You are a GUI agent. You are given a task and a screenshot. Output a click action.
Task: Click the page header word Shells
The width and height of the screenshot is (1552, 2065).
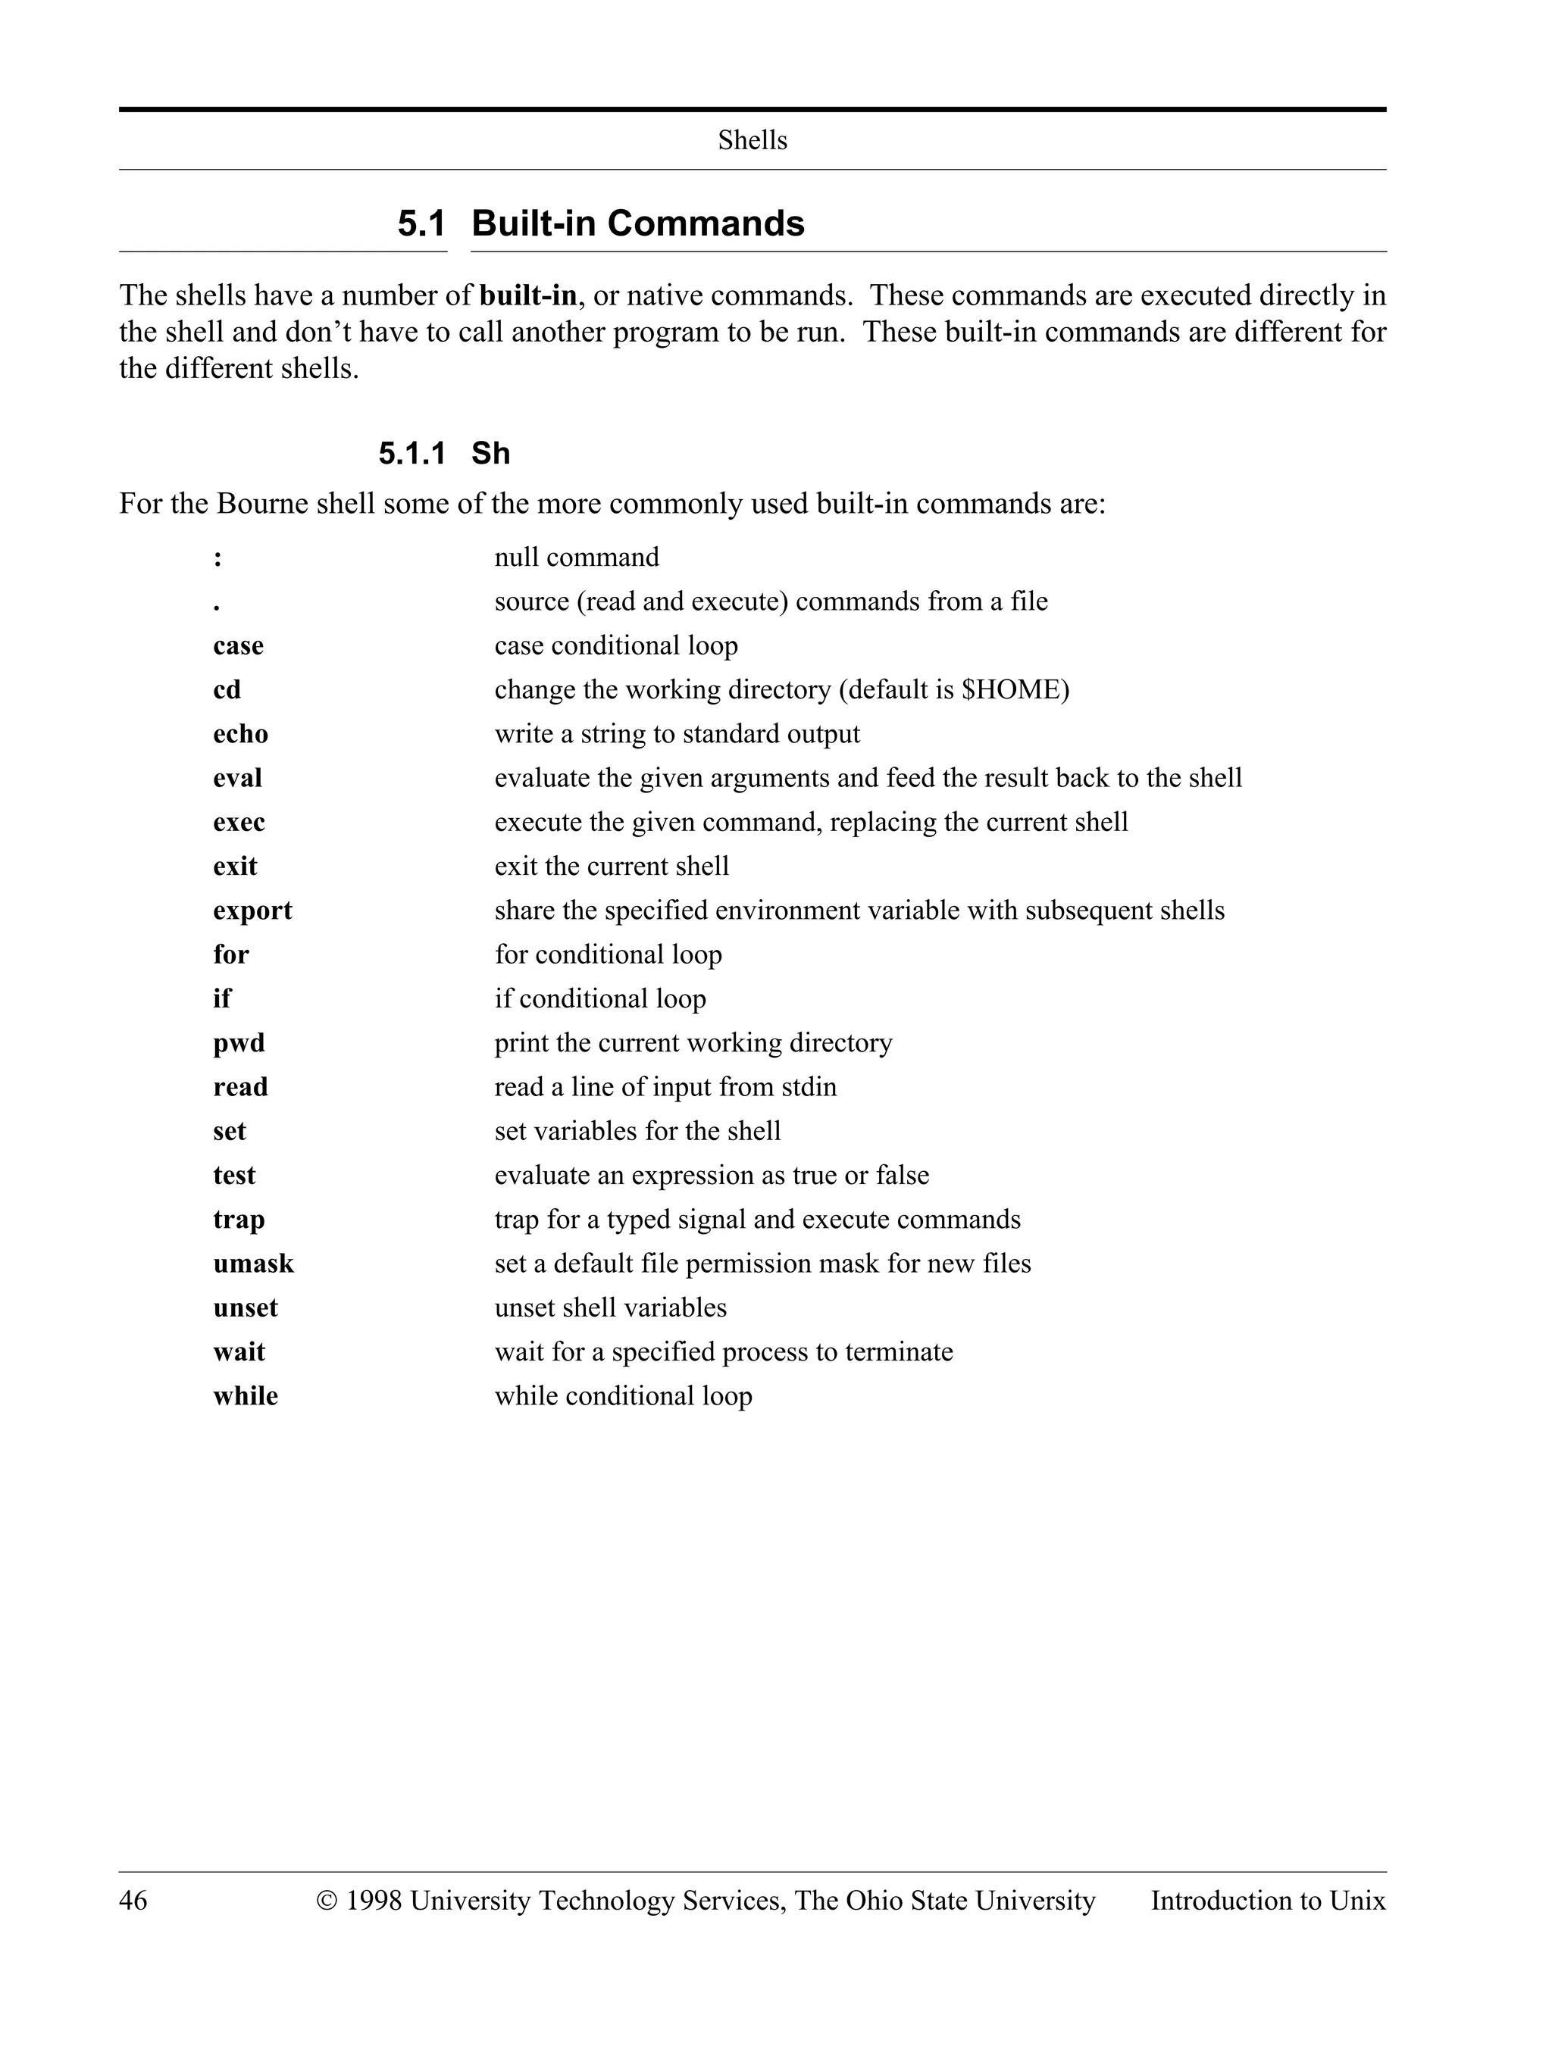(752, 140)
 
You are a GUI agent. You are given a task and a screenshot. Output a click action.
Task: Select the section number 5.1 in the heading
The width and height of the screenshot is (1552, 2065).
(421, 224)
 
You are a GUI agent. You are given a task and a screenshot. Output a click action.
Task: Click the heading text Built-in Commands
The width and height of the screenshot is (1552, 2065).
(638, 224)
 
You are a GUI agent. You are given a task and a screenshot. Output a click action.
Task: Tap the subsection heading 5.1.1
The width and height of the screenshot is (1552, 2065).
(411, 454)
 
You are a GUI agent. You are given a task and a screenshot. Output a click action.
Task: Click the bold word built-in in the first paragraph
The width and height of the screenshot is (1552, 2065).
(527, 296)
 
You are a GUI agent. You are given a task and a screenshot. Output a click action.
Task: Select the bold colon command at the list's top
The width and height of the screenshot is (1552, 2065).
(217, 558)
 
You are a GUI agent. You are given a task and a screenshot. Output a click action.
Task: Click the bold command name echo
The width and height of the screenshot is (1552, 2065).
(240, 734)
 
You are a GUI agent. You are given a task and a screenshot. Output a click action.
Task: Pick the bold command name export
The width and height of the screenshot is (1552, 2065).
(252, 911)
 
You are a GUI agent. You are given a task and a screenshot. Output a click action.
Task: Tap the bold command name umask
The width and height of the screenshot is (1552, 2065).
(253, 1263)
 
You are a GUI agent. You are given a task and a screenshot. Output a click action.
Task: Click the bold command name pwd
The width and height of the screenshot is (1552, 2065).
(238, 1043)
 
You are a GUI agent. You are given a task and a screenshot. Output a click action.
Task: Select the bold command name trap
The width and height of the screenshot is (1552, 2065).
(238, 1219)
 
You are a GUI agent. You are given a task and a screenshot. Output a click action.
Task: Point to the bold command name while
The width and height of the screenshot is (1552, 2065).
(245, 1395)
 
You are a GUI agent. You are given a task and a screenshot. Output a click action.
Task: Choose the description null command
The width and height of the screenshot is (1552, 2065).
(576, 558)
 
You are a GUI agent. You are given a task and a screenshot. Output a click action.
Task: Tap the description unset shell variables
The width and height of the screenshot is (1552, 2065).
(610, 1307)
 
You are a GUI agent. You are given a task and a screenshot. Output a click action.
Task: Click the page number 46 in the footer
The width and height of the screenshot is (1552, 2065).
(133, 1901)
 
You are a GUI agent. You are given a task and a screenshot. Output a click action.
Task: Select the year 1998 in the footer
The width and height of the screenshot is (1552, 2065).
(374, 1901)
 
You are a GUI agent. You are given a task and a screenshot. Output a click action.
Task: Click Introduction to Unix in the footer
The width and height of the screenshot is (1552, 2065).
(1267, 1901)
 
